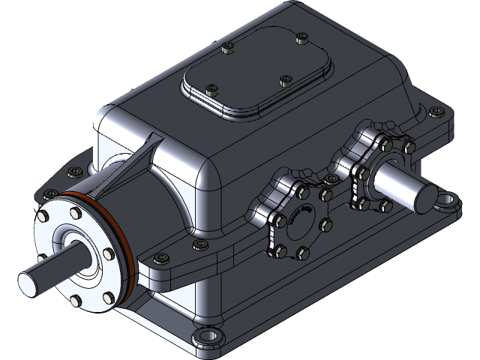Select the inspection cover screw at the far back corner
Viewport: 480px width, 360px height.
(301, 36)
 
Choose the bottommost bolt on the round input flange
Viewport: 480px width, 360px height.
(76, 301)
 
